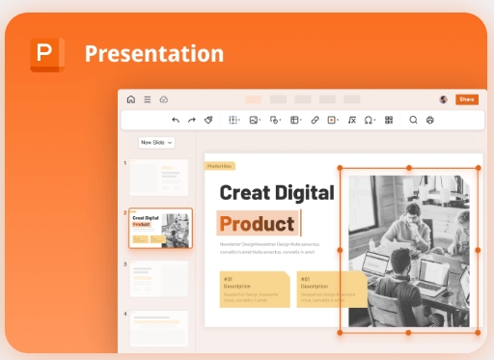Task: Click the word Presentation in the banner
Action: point(153,53)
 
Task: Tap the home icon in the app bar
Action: point(131,99)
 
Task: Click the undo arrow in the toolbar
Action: point(175,121)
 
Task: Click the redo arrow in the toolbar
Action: point(191,121)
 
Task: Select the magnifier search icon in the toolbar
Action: point(413,121)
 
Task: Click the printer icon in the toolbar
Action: point(429,121)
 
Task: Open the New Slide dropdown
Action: point(155,142)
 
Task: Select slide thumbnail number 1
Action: point(159,178)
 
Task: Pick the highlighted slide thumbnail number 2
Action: point(159,228)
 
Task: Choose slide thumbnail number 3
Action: point(159,279)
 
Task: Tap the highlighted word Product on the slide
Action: point(257,224)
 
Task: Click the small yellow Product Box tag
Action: point(219,166)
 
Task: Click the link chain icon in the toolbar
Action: point(315,121)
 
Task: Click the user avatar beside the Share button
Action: point(443,99)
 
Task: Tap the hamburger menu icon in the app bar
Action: point(147,99)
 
